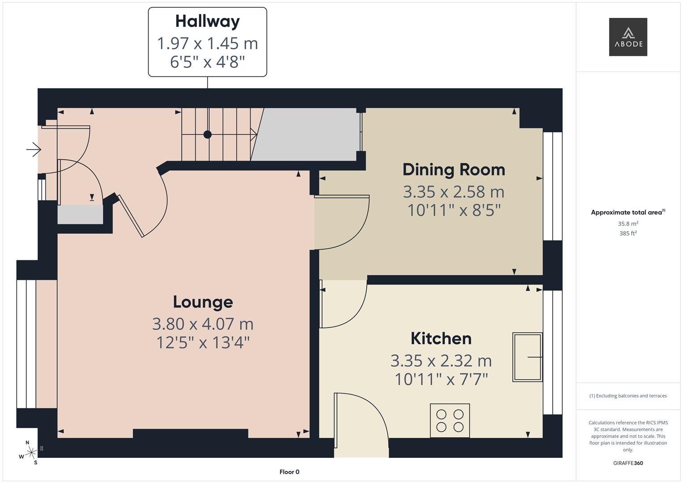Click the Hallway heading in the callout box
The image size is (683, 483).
pyautogui.click(x=207, y=21)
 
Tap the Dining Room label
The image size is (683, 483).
pyautogui.click(x=454, y=169)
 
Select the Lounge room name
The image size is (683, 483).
pyautogui.click(x=203, y=302)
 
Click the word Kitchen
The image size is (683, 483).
pyautogui.click(x=441, y=339)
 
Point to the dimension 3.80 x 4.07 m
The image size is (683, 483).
pyautogui.click(x=203, y=323)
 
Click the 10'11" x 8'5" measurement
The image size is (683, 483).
pyautogui.click(x=454, y=210)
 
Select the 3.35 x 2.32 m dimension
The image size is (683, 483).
pyautogui.click(x=441, y=360)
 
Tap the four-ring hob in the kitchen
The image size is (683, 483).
pyautogui.click(x=450, y=420)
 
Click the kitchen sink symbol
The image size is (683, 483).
pyautogui.click(x=527, y=357)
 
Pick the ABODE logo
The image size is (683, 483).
pyautogui.click(x=628, y=37)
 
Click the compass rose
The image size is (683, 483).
pyautogui.click(x=30, y=453)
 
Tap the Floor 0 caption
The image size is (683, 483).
pyautogui.click(x=289, y=472)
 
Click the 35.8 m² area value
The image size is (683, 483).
pyautogui.click(x=628, y=224)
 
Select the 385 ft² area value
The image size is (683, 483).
pyautogui.click(x=628, y=233)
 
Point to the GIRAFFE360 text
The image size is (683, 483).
pyautogui.click(x=628, y=463)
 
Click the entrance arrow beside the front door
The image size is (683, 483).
pyautogui.click(x=34, y=149)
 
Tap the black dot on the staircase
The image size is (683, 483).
pyautogui.click(x=208, y=134)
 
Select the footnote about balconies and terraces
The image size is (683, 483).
pyautogui.click(x=628, y=396)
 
